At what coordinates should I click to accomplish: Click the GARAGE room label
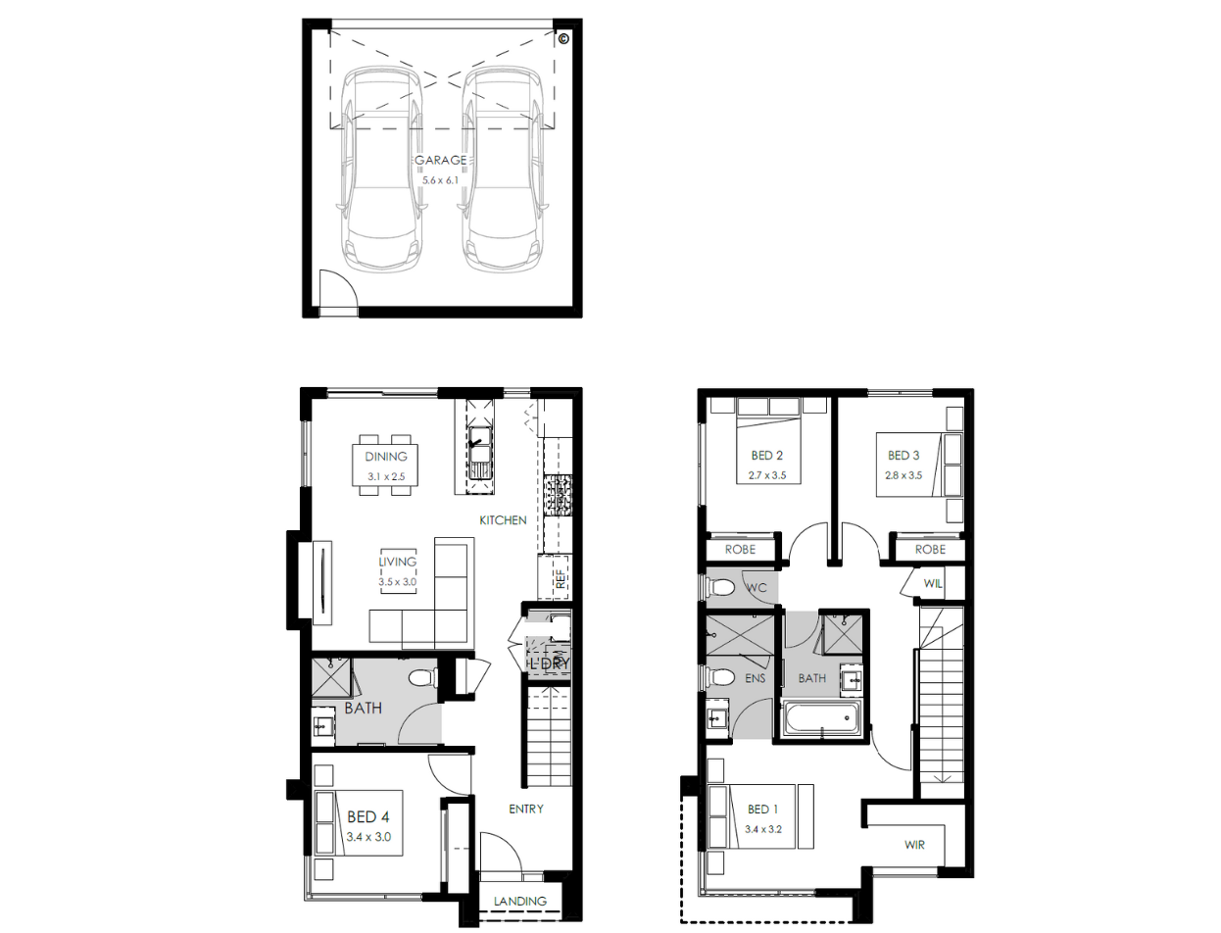click(x=440, y=160)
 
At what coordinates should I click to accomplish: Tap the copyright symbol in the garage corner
click(x=562, y=39)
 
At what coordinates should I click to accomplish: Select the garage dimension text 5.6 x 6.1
click(x=440, y=180)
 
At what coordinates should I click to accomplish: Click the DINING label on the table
click(x=386, y=457)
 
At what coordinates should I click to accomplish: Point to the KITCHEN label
click(x=503, y=520)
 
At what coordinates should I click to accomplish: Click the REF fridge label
click(x=561, y=579)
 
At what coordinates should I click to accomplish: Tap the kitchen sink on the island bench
click(x=479, y=453)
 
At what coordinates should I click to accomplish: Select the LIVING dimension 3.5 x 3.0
click(x=397, y=582)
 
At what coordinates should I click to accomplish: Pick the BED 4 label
click(x=368, y=816)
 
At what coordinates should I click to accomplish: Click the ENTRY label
click(x=526, y=809)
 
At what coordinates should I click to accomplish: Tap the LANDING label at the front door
click(x=520, y=901)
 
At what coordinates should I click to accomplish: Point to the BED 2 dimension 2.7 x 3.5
click(x=767, y=475)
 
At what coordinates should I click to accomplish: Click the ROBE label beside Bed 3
click(x=930, y=550)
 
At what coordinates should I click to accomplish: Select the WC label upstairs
click(x=756, y=587)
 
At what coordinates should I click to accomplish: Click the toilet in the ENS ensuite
click(x=720, y=677)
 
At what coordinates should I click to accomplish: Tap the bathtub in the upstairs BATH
click(x=821, y=718)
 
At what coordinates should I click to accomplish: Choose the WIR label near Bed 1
click(x=914, y=845)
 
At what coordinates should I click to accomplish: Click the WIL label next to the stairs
click(x=933, y=583)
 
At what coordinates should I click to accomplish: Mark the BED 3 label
click(x=904, y=455)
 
